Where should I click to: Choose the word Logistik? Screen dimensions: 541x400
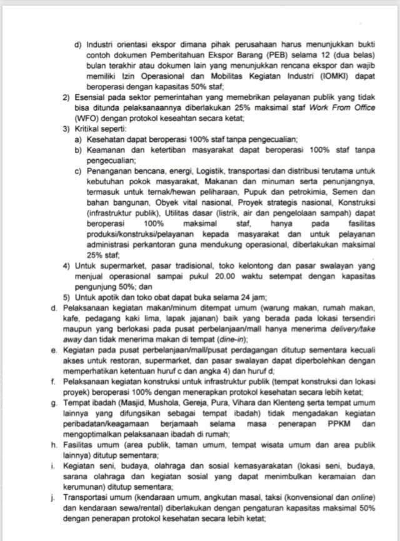pyautogui.click(x=181, y=169)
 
